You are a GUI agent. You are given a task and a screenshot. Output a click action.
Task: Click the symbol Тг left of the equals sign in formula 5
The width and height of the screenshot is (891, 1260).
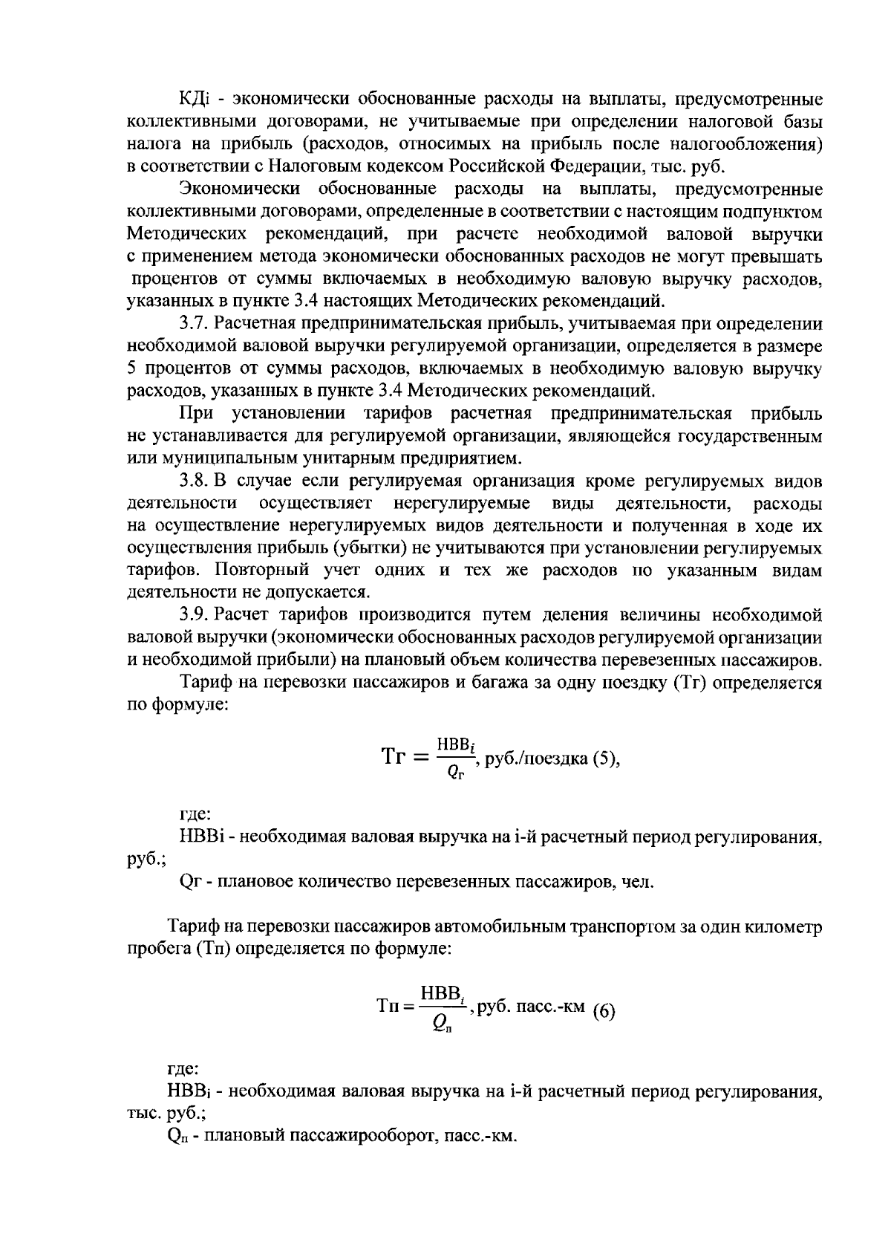tap(395, 758)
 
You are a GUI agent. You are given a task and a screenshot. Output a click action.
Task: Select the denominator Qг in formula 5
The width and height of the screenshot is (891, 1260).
tap(454, 773)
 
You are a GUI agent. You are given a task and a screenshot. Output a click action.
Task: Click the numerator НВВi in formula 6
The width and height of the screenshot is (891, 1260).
tap(443, 994)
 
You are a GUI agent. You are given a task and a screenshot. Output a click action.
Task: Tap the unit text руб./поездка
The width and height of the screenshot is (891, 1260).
tap(535, 760)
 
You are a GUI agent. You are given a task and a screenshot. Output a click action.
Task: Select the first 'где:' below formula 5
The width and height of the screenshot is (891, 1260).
tap(195, 815)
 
